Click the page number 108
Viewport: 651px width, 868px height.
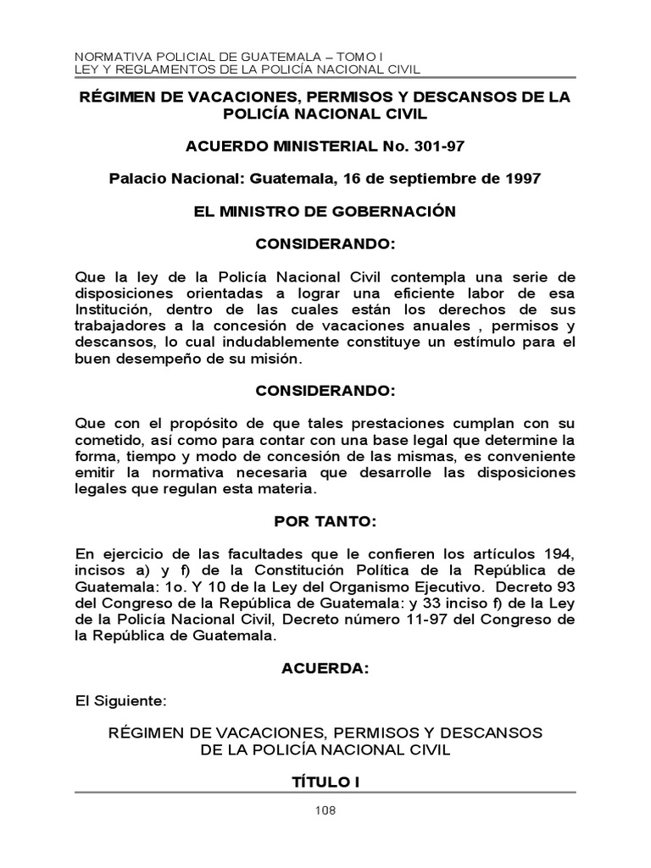[x=325, y=810]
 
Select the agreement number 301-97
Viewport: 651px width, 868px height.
[x=436, y=147]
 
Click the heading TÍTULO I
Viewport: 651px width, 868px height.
[x=325, y=782]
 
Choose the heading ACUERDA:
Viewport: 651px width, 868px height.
[x=325, y=669]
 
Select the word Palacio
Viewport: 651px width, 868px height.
[x=142, y=179]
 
